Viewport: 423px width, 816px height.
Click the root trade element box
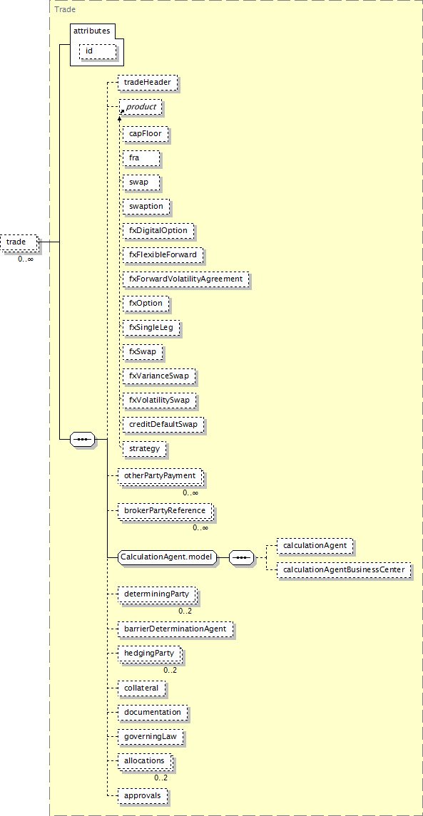[x=20, y=242]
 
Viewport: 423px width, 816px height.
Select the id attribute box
[x=98, y=51]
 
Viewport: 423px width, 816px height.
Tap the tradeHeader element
[x=148, y=82]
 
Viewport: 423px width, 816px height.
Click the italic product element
[x=141, y=107]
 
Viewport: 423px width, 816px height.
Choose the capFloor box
[x=146, y=134]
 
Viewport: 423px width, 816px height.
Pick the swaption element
[x=146, y=206]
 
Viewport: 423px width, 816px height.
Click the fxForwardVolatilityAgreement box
[x=186, y=279]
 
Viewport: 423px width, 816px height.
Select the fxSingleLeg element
[x=152, y=327]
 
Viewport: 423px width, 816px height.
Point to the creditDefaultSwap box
[x=163, y=424]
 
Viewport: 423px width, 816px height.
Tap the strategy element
[x=145, y=448]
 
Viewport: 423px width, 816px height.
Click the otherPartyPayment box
[x=160, y=475]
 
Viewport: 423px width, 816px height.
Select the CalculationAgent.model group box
[x=167, y=557]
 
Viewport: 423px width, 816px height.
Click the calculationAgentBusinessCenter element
[x=344, y=570]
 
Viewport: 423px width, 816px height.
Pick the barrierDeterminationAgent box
[x=175, y=629]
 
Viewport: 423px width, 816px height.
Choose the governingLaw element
[x=151, y=737]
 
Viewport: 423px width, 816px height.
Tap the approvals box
[x=143, y=796]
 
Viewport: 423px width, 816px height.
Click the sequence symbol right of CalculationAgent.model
[x=241, y=557]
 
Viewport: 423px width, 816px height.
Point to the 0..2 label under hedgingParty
[x=170, y=670]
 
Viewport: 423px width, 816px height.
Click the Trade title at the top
[x=64, y=9]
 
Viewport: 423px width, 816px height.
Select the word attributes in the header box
[x=92, y=31]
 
